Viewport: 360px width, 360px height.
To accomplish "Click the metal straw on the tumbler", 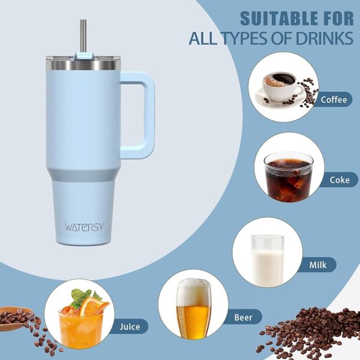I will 82,35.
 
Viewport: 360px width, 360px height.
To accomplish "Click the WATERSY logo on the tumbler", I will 83,227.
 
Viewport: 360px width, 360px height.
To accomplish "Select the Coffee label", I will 334,100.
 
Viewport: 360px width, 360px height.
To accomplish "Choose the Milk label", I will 318,265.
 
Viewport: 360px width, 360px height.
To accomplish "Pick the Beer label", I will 242,317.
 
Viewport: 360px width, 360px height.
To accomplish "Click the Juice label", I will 129,326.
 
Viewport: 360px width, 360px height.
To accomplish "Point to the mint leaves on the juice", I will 82,296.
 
